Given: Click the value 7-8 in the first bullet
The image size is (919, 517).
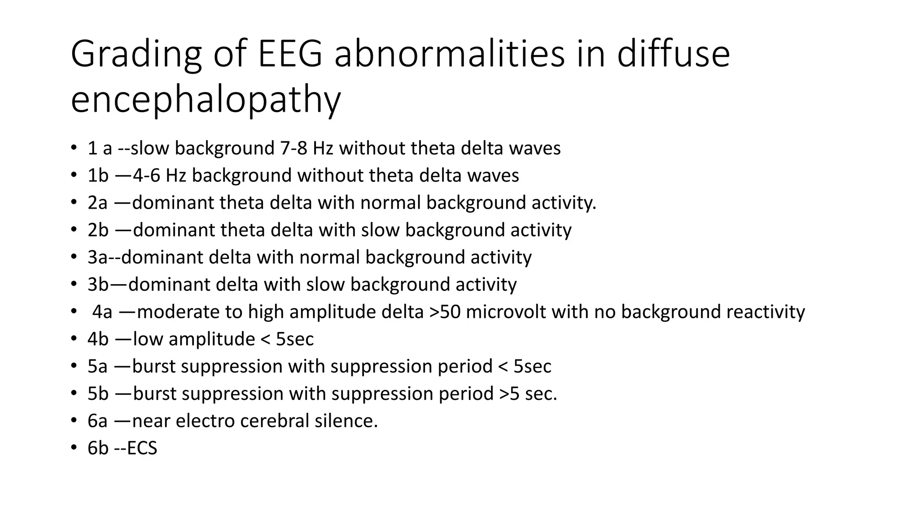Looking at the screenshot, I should (x=293, y=148).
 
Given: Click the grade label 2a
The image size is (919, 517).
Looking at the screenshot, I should (x=97, y=203).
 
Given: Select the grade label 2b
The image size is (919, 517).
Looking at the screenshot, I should (x=98, y=230).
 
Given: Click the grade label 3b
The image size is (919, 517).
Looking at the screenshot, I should (x=98, y=285).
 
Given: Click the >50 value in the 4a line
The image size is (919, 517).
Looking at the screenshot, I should (x=445, y=312).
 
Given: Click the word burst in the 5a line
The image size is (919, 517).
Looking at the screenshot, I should (x=154, y=367).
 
